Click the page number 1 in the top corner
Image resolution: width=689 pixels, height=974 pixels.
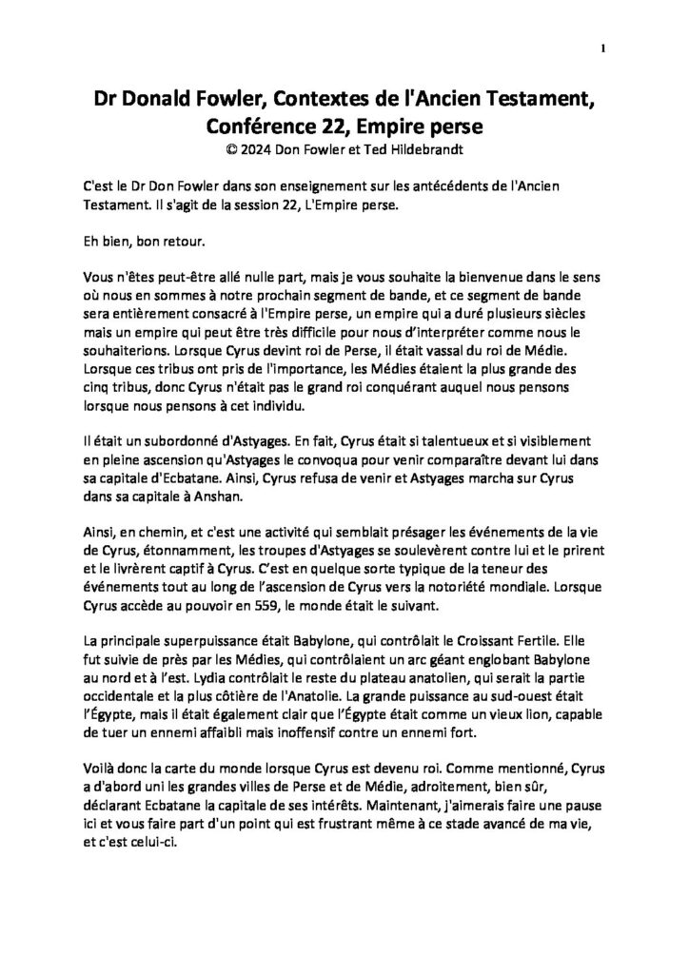603,49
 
